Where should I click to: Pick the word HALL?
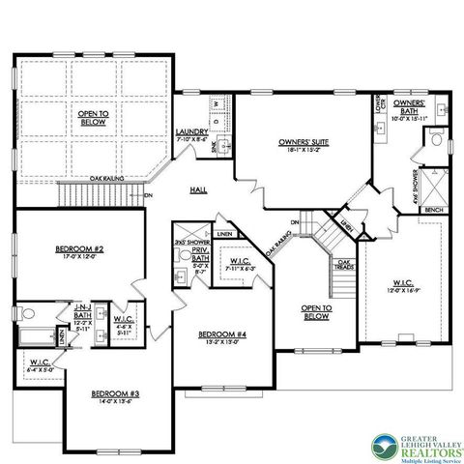(x=200, y=189)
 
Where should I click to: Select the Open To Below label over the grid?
(x=92, y=117)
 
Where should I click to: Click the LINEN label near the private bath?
(x=224, y=233)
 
